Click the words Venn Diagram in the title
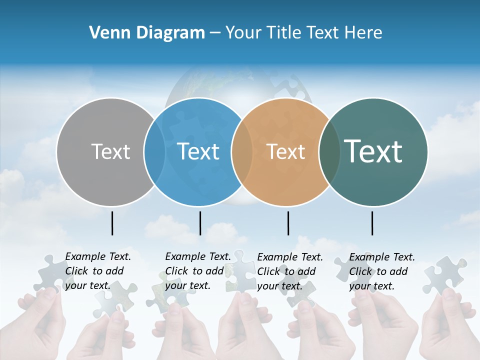coord(147,33)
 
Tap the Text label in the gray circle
coord(110,151)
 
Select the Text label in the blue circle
coord(198,151)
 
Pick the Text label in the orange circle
coord(285,151)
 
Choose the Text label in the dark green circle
coord(373,151)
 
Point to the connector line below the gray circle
coord(112,223)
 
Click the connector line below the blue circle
coord(200,223)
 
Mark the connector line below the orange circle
coord(288,223)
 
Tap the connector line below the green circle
coord(372,223)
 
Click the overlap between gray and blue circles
coord(154,151)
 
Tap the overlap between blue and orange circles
coord(242,151)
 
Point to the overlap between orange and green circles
coord(329,151)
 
